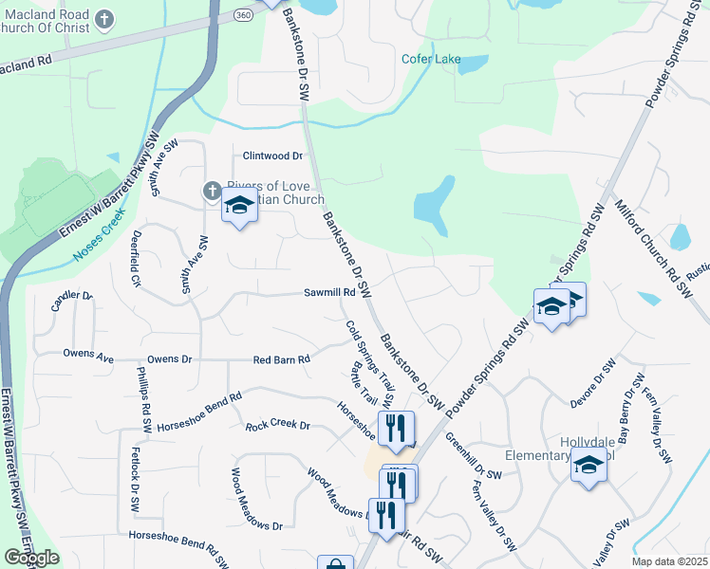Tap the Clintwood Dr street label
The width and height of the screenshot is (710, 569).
(272, 156)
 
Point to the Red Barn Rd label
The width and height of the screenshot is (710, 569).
(282, 359)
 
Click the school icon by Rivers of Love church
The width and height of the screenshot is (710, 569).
(239, 205)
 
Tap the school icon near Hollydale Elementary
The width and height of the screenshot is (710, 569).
(589, 467)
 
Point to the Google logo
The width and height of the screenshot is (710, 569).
(32, 558)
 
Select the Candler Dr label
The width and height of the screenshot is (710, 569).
(72, 301)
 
